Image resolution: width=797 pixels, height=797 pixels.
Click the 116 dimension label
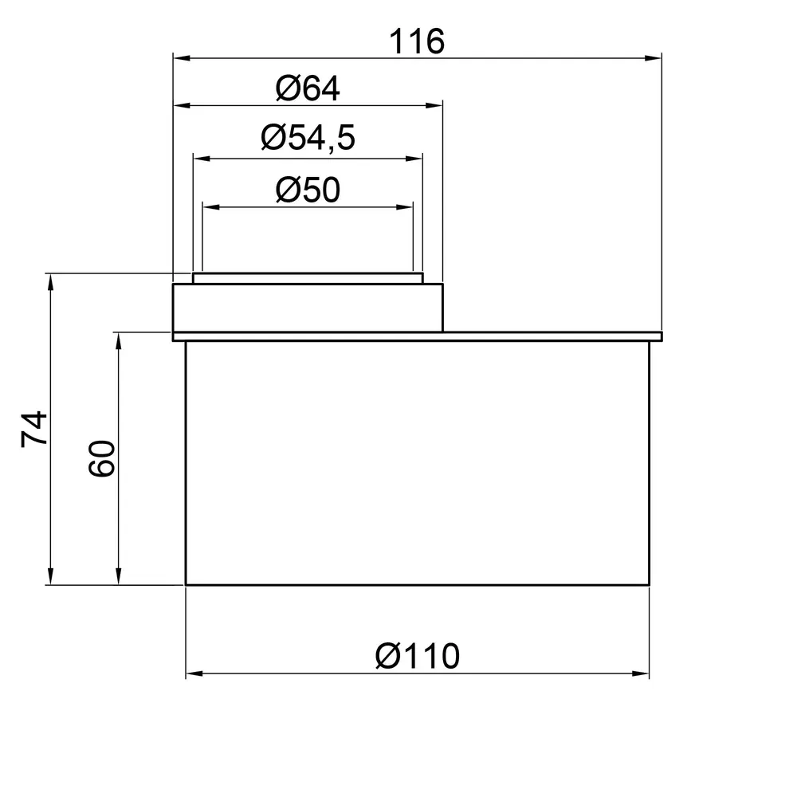(417, 41)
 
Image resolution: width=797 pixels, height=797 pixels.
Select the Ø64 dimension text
(308, 89)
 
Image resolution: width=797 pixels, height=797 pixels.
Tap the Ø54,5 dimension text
(308, 138)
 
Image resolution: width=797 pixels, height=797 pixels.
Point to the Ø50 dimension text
(308, 190)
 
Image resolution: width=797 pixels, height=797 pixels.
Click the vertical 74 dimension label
(34, 430)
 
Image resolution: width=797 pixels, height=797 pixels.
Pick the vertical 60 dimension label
(102, 458)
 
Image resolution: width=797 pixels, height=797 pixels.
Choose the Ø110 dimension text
(418, 656)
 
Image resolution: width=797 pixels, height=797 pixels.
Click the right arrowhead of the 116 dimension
(654, 58)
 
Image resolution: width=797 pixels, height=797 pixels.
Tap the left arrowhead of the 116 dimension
(182, 58)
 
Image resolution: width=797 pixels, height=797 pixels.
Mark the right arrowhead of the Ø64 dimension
(434, 106)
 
